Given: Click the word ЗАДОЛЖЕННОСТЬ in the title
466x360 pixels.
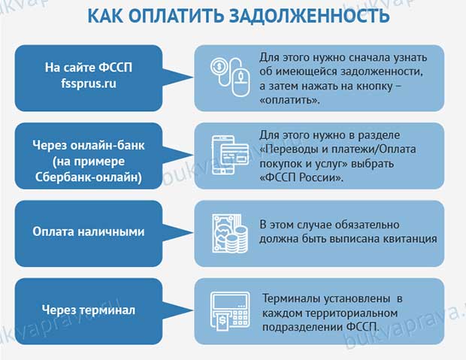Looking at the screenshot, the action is (310, 15).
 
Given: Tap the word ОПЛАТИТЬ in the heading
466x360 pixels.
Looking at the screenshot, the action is (177, 15).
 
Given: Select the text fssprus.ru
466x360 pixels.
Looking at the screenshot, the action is (89, 83).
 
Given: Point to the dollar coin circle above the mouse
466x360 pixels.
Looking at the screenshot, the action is (219, 66).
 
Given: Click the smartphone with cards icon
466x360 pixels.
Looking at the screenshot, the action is (230, 155).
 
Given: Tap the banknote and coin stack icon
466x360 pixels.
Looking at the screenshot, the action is (230, 233).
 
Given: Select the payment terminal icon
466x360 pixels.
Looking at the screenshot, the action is (230, 311).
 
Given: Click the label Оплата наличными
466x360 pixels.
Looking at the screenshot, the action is (89, 232).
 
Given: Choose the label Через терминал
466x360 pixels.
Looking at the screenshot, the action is (89, 310).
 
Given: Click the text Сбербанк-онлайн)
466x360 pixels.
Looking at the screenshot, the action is (89, 177).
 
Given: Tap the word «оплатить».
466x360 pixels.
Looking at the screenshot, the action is (289, 100).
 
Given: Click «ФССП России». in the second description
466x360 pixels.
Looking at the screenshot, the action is (301, 177).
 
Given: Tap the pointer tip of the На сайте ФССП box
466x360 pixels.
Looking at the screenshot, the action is (193, 78).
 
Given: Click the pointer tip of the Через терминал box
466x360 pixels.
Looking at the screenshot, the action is (193, 311).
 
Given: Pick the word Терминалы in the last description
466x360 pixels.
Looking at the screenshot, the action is (292, 298).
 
